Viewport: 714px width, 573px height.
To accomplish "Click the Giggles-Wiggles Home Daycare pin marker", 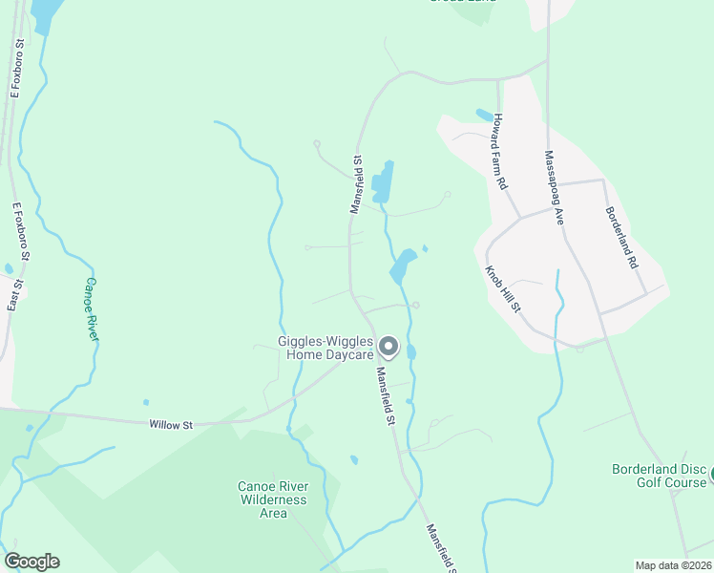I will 388,346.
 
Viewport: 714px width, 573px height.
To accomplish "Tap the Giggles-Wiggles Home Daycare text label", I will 324,348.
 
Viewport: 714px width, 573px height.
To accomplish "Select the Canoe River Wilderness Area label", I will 273,499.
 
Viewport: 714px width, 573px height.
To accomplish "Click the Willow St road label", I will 171,424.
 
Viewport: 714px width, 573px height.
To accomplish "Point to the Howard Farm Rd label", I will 500,151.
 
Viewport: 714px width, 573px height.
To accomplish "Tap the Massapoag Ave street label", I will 554,187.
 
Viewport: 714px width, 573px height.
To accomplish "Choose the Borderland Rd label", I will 621,237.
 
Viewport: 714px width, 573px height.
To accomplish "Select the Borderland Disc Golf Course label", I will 659,476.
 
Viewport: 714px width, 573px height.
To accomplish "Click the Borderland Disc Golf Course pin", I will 710,473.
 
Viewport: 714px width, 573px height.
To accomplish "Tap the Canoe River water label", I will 92,309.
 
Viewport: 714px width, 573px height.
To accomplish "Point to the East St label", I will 13,288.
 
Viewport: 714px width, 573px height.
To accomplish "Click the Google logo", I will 31,562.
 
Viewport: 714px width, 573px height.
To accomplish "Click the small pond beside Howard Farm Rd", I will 484,116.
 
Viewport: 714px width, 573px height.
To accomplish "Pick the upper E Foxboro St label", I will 16,69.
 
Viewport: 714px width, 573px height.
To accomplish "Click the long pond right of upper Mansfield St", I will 383,181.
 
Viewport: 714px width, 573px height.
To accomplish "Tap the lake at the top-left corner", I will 43,13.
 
